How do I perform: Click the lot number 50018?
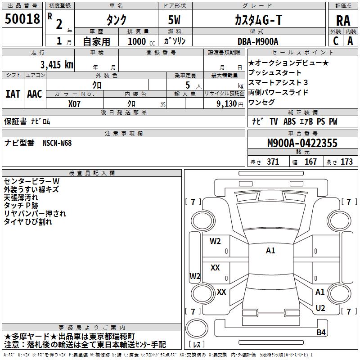22,18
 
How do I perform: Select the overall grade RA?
343,21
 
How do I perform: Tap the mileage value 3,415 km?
57,64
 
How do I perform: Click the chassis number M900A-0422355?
302,143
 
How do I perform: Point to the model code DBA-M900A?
258,41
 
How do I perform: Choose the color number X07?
74,104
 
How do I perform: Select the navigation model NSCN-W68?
57,143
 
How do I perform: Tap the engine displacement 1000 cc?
141,41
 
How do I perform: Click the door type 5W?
174,20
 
